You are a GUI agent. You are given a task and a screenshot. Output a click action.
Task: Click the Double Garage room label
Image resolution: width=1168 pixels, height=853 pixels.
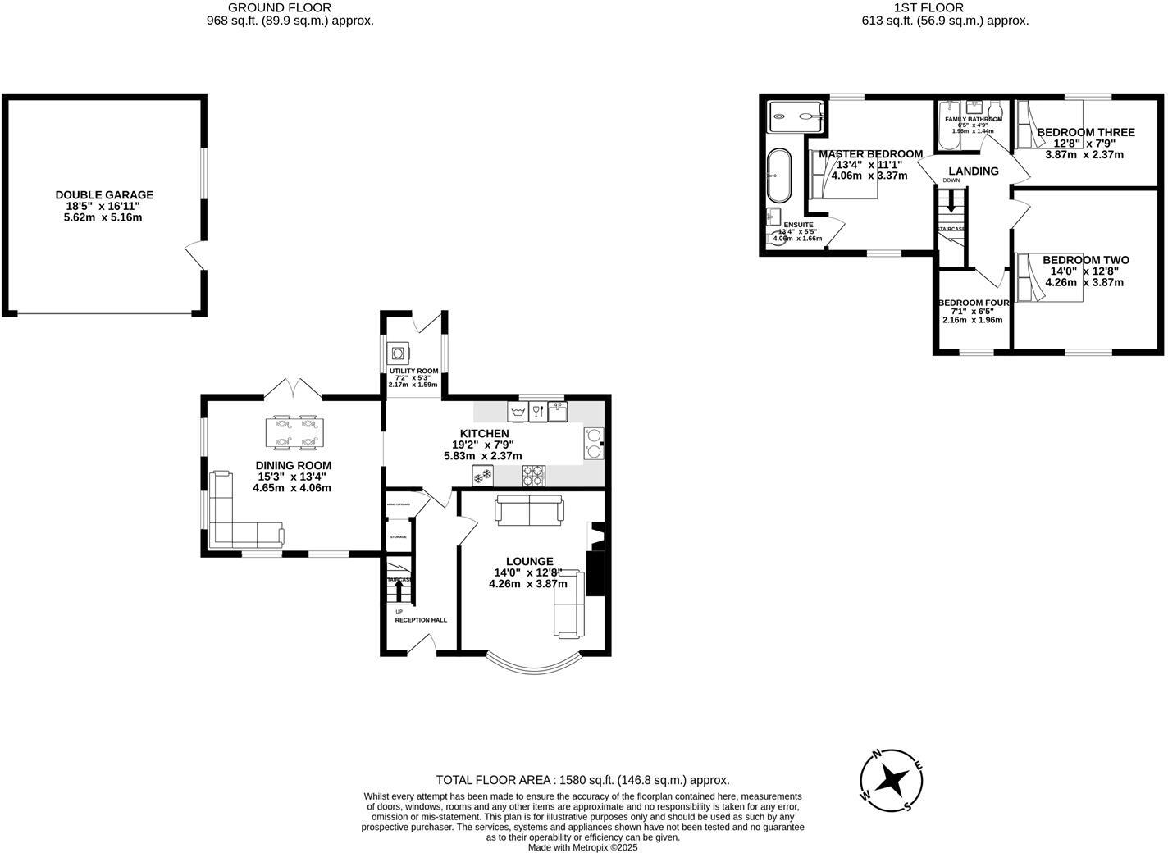pyautogui.click(x=104, y=195)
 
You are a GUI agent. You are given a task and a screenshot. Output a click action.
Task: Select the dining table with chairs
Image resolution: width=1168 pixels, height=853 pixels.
pyautogui.click(x=294, y=433)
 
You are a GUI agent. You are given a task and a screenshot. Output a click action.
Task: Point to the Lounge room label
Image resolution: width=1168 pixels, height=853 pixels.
pyautogui.click(x=529, y=561)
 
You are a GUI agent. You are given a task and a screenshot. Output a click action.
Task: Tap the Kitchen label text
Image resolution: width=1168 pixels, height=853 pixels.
pyautogui.click(x=484, y=433)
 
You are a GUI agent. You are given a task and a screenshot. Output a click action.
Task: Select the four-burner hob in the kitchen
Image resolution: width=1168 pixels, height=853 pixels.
pyautogui.click(x=534, y=474)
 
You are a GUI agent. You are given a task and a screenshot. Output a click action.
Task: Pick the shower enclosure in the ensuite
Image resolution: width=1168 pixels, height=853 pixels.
pyautogui.click(x=796, y=116)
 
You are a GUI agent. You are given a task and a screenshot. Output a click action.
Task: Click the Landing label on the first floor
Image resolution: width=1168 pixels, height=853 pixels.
pyautogui.click(x=974, y=171)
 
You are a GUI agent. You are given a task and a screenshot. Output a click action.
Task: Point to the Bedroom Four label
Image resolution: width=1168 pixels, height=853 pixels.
pyautogui.click(x=974, y=303)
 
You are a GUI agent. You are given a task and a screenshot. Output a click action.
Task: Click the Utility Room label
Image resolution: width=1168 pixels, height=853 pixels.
pyautogui.click(x=413, y=371)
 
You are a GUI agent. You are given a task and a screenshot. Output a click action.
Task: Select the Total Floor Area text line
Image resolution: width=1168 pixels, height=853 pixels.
pyautogui.click(x=582, y=780)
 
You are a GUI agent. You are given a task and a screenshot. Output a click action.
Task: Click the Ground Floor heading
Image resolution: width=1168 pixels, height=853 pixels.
pyautogui.click(x=291, y=7)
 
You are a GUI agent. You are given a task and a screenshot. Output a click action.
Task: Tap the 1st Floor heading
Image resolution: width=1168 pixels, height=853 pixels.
pyautogui.click(x=945, y=7)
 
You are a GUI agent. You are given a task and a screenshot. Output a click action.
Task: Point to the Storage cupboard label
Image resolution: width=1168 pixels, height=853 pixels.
pyautogui.click(x=398, y=536)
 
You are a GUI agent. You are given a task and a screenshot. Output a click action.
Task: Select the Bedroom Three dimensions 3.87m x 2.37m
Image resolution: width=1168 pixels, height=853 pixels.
pyautogui.click(x=1084, y=154)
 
